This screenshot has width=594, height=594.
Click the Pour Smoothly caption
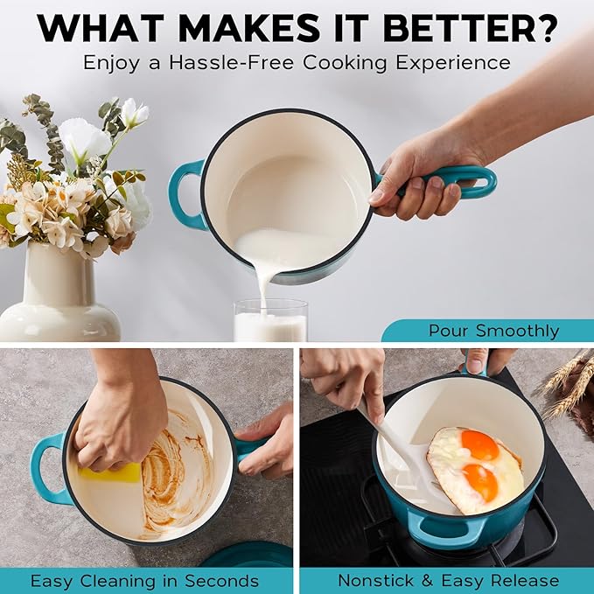[x=493, y=331]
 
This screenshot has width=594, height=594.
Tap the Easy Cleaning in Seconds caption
[x=144, y=581]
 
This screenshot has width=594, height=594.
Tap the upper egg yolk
[x=479, y=445]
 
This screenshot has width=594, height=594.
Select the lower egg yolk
[x=480, y=482]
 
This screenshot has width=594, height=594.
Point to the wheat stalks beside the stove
[x=570, y=388]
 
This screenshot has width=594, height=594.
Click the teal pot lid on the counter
[x=249, y=556]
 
